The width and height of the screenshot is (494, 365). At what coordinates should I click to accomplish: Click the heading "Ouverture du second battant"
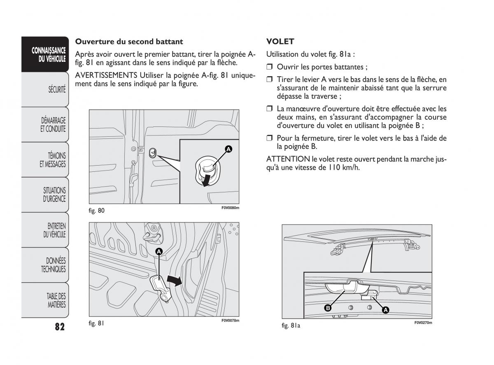click(x=129, y=42)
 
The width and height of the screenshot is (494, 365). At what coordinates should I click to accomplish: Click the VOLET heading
click(x=280, y=42)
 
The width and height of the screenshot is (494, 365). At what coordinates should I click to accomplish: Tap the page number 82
click(x=59, y=327)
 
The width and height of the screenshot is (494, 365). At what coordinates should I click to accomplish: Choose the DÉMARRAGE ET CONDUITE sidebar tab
click(x=53, y=124)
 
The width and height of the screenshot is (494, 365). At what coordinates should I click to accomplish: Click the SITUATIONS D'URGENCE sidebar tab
click(x=54, y=194)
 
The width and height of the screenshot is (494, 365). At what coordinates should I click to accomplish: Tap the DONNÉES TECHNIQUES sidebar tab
click(x=53, y=265)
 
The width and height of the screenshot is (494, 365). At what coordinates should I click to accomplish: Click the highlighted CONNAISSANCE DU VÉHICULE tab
click(x=49, y=54)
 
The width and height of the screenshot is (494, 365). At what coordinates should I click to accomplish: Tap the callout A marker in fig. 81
click(x=159, y=251)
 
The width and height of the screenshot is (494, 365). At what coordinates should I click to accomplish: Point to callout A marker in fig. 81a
click(x=386, y=310)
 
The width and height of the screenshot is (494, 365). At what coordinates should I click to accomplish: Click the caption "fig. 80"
click(x=96, y=211)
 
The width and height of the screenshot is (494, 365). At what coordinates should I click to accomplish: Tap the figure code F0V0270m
click(x=423, y=323)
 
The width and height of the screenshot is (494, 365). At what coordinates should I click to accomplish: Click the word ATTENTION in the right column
click(x=288, y=159)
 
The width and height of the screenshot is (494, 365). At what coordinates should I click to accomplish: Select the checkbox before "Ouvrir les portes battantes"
click(x=270, y=67)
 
